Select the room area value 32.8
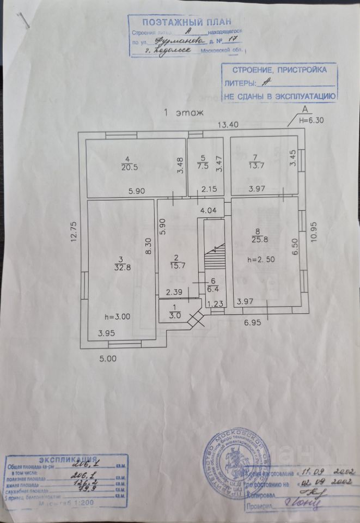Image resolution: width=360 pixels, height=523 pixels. point(119,266)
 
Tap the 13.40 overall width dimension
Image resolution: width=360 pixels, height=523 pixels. point(229,124)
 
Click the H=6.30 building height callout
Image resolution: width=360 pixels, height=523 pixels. point(312,121)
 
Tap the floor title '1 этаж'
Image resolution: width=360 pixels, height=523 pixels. point(184,113)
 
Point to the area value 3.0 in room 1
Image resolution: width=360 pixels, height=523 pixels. point(174,314)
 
